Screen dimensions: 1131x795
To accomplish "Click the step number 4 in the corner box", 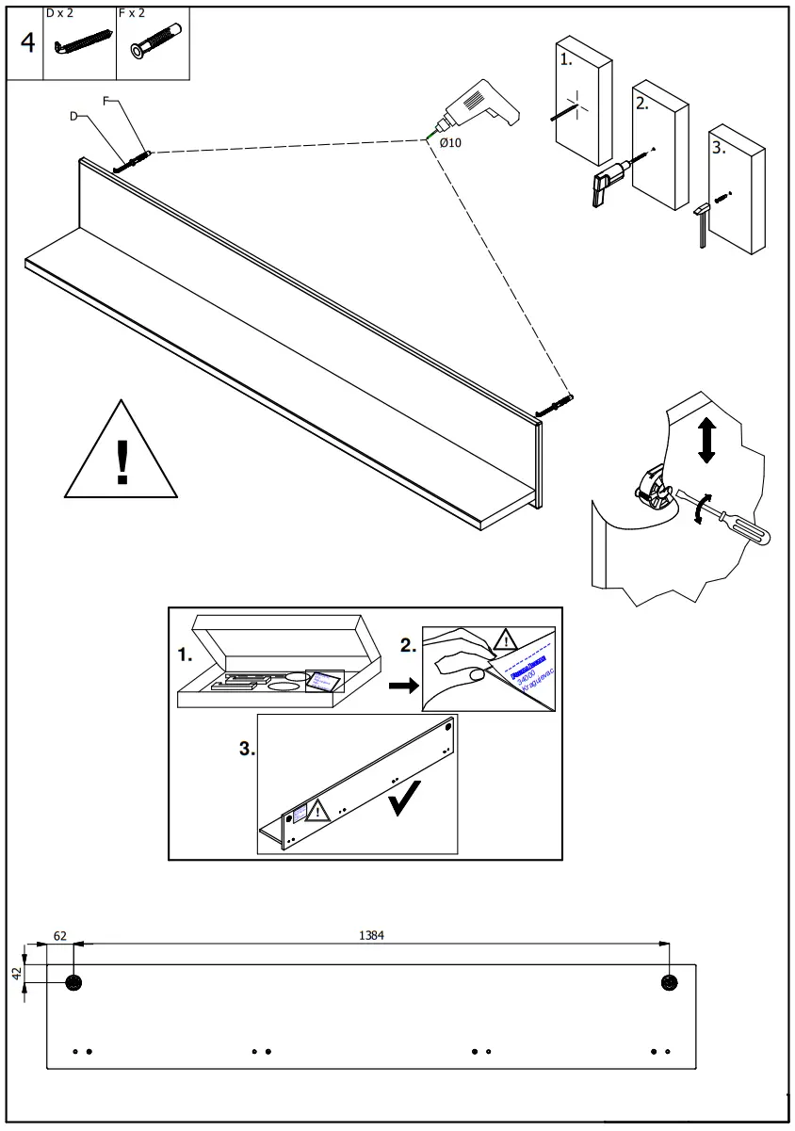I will pyautogui.click(x=28, y=44).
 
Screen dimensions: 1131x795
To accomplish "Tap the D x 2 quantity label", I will pyautogui.click(x=59, y=13).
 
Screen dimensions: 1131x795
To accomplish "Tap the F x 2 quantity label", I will pyautogui.click(x=131, y=13).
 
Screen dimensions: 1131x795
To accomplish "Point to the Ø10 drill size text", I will pyautogui.click(x=450, y=143).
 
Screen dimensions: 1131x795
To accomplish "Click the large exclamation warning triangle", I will pyautogui.click(x=121, y=453).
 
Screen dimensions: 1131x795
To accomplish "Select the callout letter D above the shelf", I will pyautogui.click(x=73, y=116).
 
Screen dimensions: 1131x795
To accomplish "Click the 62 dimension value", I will pyautogui.click(x=60, y=935).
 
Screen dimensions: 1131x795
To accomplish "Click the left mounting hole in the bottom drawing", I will pyautogui.click(x=73, y=983).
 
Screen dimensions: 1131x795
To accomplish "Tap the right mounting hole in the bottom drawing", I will pyautogui.click(x=670, y=983).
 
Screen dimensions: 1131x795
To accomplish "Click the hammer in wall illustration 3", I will pyautogui.click(x=702, y=223).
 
